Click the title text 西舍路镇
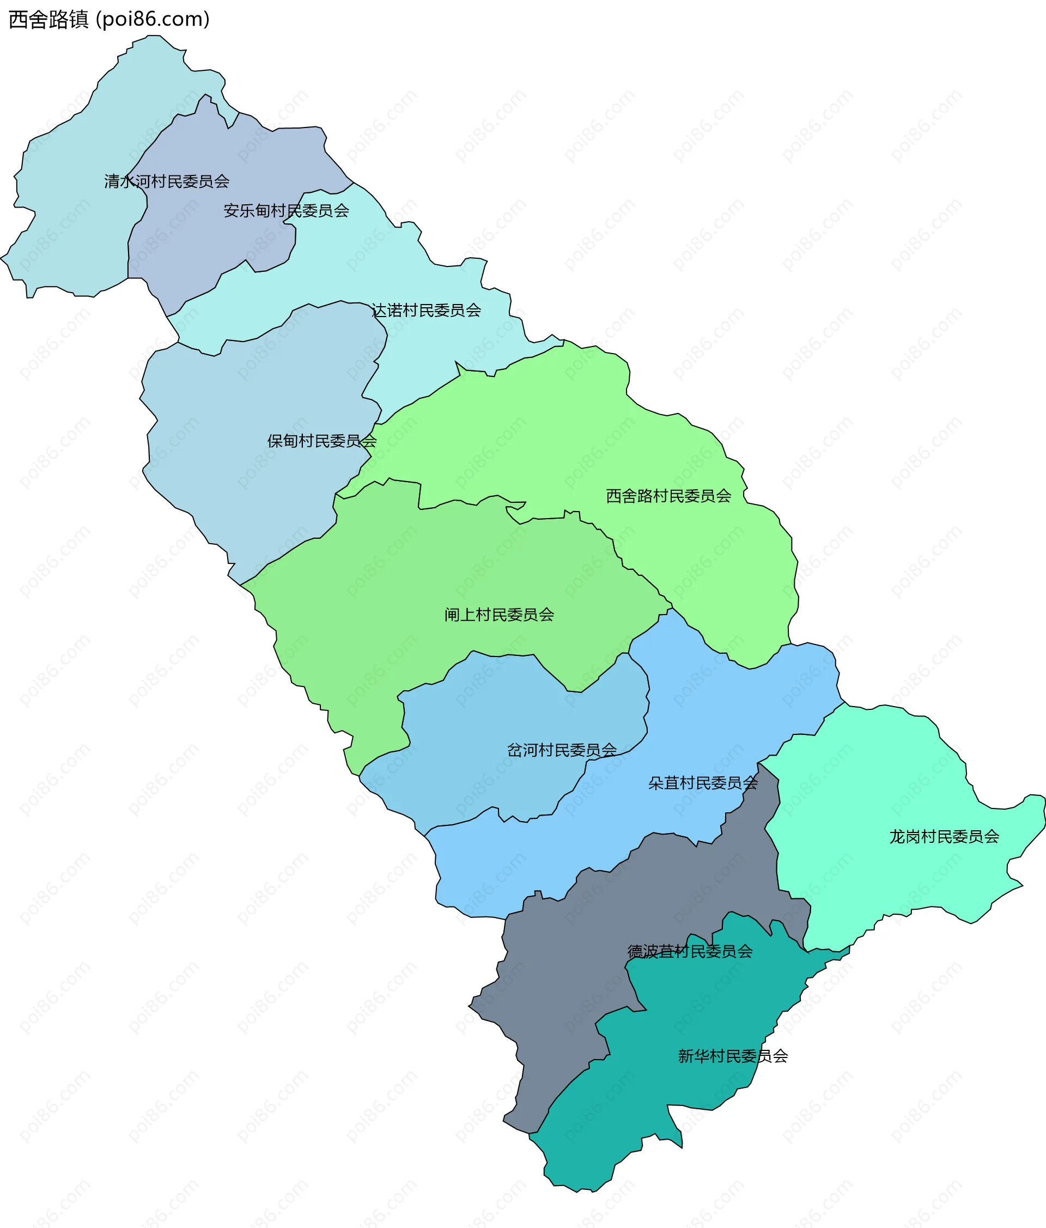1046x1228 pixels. pos(48,20)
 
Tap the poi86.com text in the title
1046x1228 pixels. pos(153,20)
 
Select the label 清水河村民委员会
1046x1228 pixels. pos(167,181)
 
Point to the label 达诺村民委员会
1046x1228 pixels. pos(426,310)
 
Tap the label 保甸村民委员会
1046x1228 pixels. pos(322,441)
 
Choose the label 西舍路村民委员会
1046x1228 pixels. pos(668,496)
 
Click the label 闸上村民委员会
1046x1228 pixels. pos(499,615)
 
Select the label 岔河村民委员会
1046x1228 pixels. pos(562,750)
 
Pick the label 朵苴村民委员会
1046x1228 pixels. pos(703,783)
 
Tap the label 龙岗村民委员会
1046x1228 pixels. pos(944,836)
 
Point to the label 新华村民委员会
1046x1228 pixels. pos(733,1056)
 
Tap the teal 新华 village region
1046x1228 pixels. pos(682,1096)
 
